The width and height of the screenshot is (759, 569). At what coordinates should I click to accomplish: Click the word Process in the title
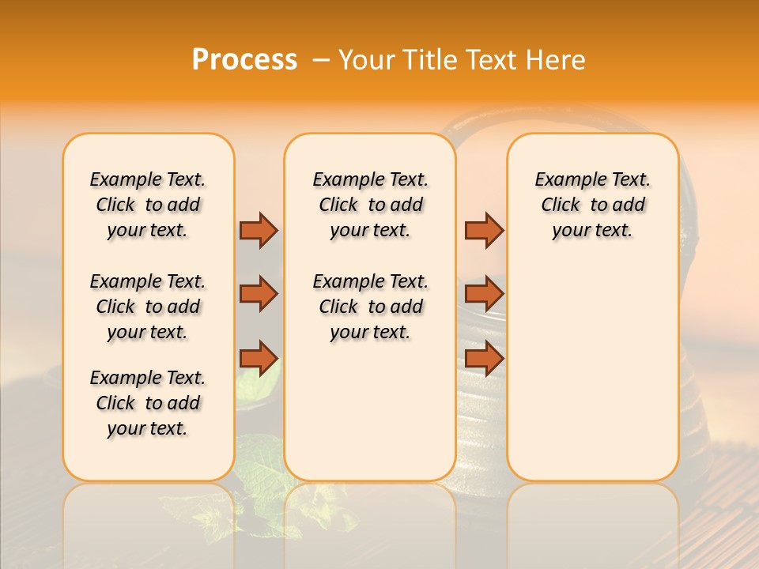point(244,60)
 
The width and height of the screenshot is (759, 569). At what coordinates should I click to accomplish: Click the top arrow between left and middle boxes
point(259,230)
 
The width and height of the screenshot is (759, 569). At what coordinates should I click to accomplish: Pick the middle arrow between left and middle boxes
point(259,294)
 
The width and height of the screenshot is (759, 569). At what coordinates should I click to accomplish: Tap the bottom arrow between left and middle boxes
point(259,359)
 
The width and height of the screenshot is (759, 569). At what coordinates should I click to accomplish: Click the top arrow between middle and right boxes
point(484,230)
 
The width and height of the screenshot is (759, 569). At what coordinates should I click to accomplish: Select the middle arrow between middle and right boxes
point(484,294)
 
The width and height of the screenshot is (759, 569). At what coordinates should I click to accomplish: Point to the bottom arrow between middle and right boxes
point(484,359)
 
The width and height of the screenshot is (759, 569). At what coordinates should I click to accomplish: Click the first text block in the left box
point(148,205)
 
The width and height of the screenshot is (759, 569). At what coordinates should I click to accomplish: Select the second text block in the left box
point(148,307)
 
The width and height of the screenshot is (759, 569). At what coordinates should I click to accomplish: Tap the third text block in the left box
point(148,403)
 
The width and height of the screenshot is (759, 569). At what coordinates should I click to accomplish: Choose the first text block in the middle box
point(370,205)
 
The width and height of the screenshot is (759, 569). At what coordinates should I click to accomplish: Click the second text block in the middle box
point(370,307)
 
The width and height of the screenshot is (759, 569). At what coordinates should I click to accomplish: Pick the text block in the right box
point(593,205)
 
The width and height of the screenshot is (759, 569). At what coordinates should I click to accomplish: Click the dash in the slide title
point(321,60)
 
